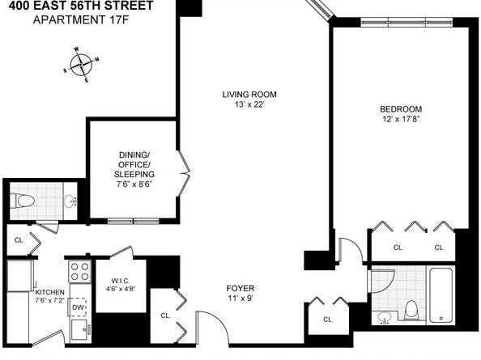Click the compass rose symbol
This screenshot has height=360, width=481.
click(x=81, y=63)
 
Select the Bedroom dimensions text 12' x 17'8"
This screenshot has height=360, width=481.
click(x=402, y=120)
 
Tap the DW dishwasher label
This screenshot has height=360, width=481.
click(x=78, y=307)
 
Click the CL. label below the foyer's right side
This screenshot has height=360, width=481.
click(x=328, y=320)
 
